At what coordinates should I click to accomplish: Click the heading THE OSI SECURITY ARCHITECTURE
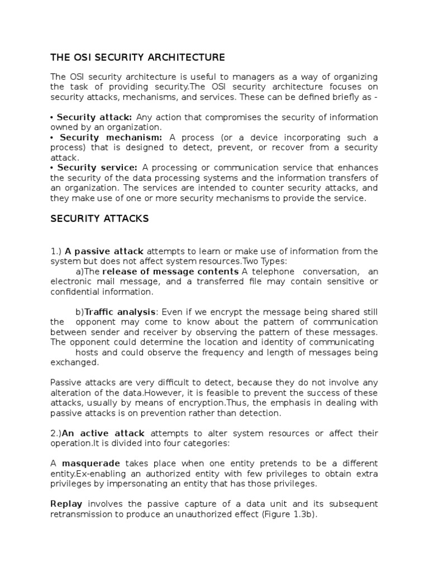pos(137,57)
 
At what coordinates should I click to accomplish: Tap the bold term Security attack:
pos(94,117)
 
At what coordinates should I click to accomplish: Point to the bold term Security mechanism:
pos(111,137)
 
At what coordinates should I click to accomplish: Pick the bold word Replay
pos(67,504)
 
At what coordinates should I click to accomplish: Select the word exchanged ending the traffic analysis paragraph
pos(74,362)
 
